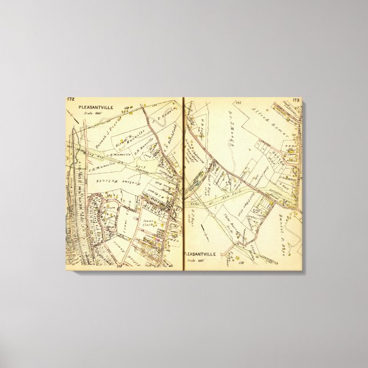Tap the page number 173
pyautogui.click(x=295, y=101)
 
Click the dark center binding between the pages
pyautogui.click(x=183, y=183)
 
